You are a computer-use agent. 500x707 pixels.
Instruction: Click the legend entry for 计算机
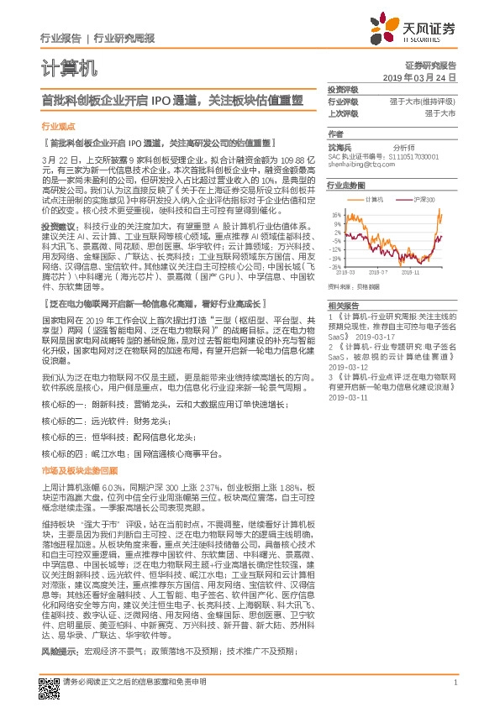click(373, 200)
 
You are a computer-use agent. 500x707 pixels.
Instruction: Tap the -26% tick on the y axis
click(336, 265)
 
